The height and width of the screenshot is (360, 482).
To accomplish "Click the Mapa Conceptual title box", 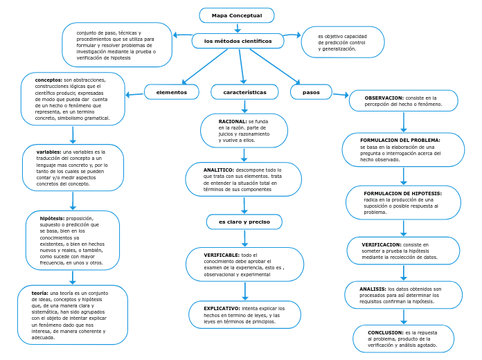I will click(237, 15).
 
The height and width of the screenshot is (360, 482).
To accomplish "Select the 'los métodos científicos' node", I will click(238, 42).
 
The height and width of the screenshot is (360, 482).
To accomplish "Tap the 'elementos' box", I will click(171, 92).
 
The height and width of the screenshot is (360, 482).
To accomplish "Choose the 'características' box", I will click(244, 92).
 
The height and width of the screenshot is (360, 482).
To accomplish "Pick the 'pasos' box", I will click(311, 92).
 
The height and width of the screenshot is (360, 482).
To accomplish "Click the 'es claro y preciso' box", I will click(244, 222).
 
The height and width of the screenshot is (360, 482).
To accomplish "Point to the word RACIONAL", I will click(222, 121).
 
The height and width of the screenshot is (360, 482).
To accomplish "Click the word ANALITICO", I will click(219, 170).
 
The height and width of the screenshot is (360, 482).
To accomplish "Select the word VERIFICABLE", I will click(222, 255).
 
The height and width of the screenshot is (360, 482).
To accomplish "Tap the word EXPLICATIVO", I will click(222, 307).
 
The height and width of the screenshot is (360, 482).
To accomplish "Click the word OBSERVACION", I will click(384, 98).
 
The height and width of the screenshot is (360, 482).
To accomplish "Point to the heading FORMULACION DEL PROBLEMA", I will click(400, 140).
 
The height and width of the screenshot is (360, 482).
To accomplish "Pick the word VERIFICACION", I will click(381, 244).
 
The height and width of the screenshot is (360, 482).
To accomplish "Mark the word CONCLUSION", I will click(386, 332).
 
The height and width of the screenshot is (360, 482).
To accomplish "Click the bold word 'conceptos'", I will click(48, 80).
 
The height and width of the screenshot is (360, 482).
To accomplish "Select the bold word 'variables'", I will click(48, 152).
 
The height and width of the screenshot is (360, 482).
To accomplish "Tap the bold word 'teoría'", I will click(40, 293).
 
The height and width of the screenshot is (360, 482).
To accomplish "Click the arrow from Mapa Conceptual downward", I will click(238, 28).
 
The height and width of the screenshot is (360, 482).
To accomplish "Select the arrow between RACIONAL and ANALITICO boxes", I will click(244, 155).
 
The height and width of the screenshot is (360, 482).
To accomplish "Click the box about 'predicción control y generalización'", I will click(343, 42).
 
